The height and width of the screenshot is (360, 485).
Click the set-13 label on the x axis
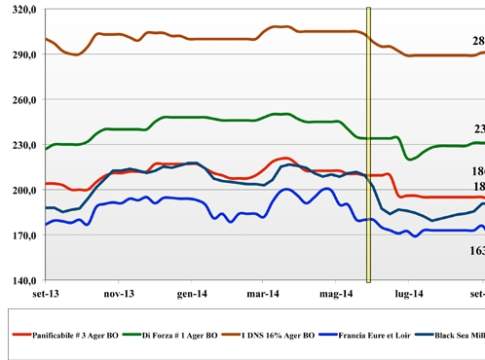pos(46,295)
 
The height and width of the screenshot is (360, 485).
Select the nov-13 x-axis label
pos(118,295)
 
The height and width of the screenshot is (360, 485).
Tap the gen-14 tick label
pos(192,295)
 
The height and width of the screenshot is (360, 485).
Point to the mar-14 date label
pos(265,295)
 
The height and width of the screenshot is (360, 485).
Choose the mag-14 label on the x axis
pos(337,295)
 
